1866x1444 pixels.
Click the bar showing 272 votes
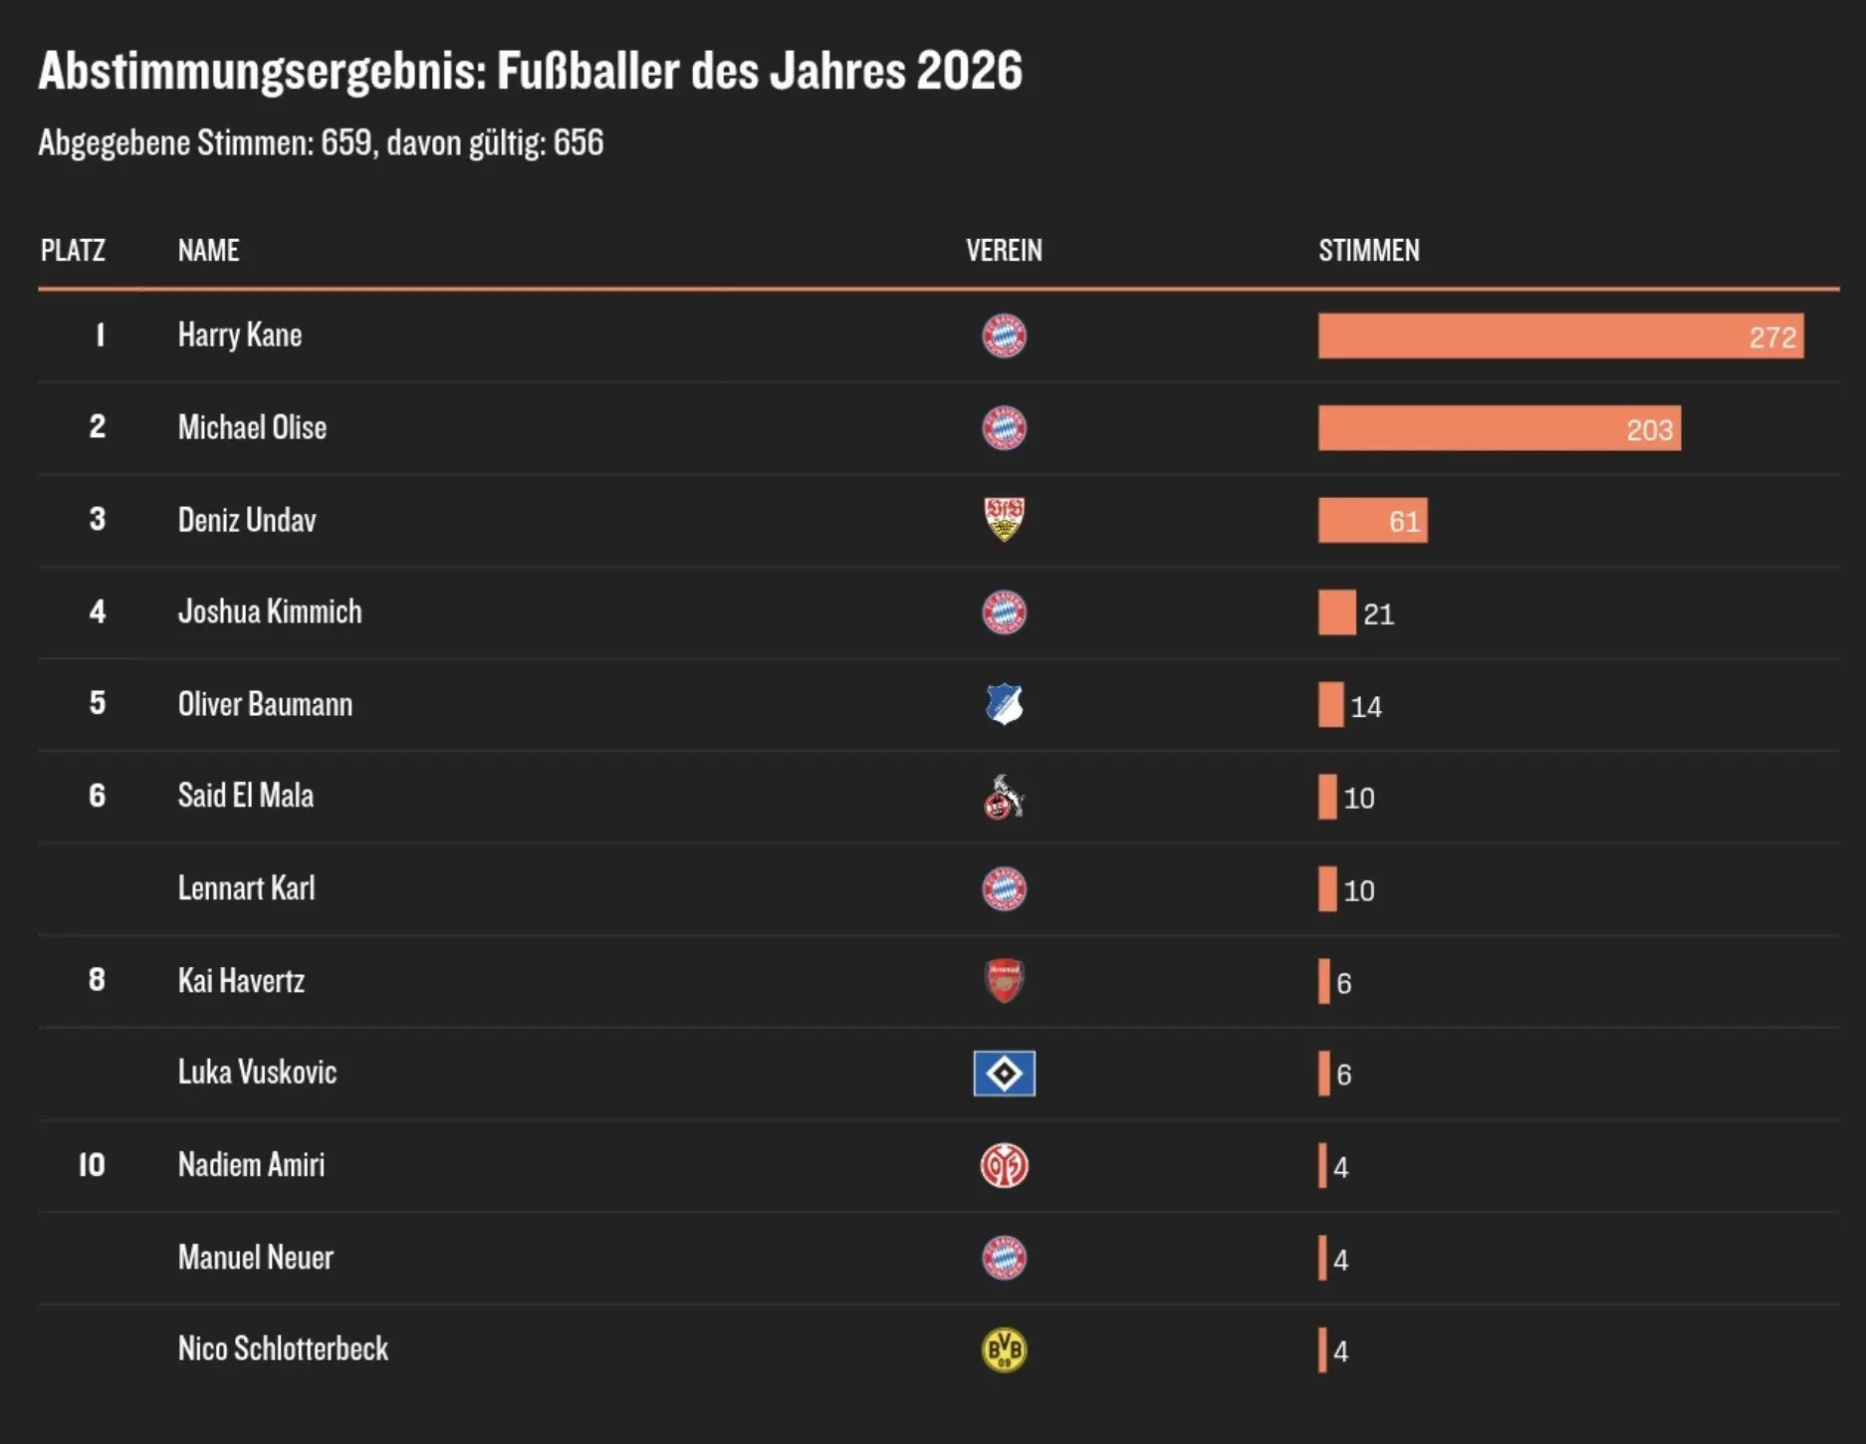tap(1560, 336)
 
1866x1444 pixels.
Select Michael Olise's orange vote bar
tap(1500, 428)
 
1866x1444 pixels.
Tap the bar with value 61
tap(1372, 520)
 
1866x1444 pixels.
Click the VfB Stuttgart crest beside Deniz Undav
tap(1004, 519)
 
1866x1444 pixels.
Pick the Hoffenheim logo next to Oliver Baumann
tap(1004, 704)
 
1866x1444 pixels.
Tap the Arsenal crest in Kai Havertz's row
tap(1004, 981)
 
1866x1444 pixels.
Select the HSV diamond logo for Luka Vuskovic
tap(1004, 1074)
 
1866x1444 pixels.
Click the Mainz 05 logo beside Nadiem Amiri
tap(1004, 1165)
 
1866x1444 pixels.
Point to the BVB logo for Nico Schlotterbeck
tap(1004, 1350)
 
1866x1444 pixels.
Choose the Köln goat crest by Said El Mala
tap(1004, 797)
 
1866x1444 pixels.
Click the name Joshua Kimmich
tap(270, 611)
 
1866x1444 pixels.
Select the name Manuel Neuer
tap(256, 1258)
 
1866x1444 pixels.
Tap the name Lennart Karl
tap(246, 888)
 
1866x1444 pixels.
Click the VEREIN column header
tap(1004, 250)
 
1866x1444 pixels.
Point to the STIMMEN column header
tap(1369, 250)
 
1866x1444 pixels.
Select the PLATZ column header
tap(73, 250)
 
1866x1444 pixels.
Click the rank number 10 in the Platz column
tap(92, 1165)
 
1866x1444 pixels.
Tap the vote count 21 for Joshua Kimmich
tap(1378, 613)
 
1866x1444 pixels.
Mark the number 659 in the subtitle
tap(346, 142)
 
